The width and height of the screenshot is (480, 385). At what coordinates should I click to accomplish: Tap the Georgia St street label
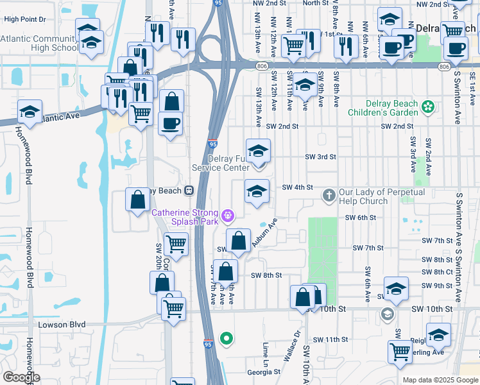(x=264, y=372)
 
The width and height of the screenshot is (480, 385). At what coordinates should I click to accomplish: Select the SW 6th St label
(x=360, y=218)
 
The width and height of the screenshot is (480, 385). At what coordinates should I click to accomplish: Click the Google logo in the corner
(x=21, y=377)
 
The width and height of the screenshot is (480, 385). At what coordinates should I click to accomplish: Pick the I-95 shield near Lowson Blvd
(x=209, y=344)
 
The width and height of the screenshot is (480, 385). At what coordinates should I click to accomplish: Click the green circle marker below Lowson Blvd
(x=226, y=338)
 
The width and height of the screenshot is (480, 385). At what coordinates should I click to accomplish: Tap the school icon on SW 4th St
(x=257, y=191)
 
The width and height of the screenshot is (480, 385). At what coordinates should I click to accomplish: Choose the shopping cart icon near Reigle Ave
(x=400, y=351)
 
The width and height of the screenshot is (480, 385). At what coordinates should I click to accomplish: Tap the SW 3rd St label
(x=320, y=157)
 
